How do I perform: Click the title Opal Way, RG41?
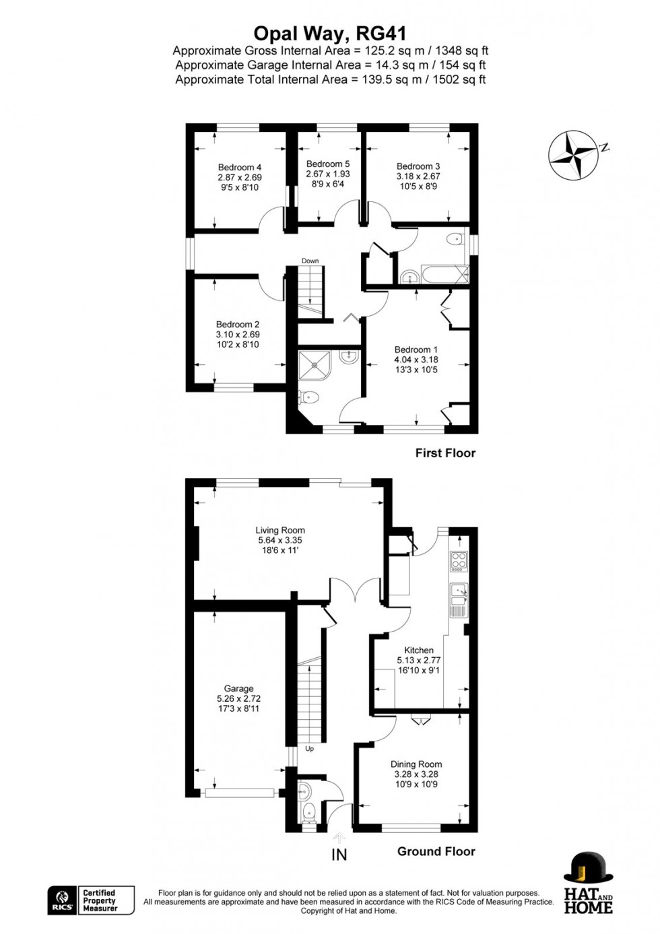point(330,34)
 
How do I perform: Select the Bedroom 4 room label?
point(239,167)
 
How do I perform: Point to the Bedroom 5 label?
point(328,164)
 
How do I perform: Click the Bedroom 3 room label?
point(418,166)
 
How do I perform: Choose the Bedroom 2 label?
point(238,325)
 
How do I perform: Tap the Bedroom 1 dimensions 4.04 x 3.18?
point(416,360)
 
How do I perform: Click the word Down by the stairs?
point(310,261)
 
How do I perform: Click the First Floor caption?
point(445,453)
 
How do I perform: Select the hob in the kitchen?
point(459,562)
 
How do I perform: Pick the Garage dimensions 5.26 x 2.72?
point(238,698)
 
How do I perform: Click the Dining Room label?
point(416,764)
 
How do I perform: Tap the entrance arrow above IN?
point(339,836)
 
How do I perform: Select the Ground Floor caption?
point(436,852)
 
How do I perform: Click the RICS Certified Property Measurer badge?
point(91,900)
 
